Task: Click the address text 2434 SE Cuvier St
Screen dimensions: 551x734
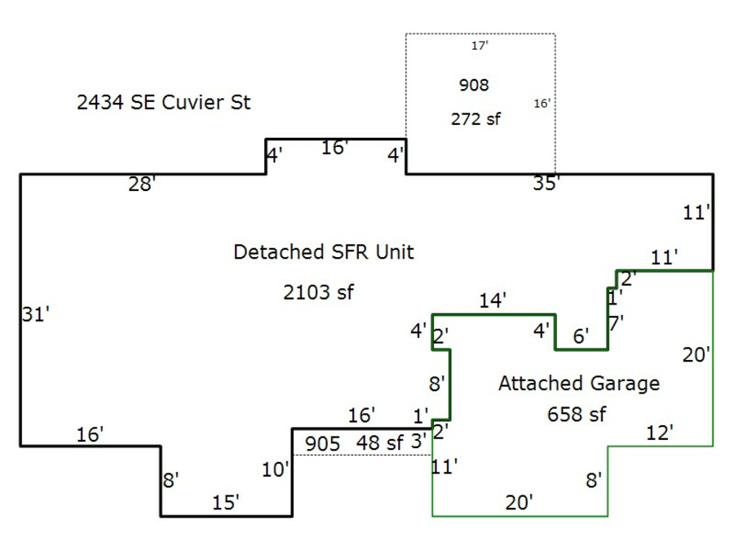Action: click(163, 103)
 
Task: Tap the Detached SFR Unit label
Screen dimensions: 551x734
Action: click(323, 251)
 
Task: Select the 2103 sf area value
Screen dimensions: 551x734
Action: click(318, 292)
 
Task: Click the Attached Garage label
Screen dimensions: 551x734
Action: click(578, 383)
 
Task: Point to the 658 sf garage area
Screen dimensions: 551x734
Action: click(576, 415)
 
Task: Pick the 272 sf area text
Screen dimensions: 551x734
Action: click(475, 119)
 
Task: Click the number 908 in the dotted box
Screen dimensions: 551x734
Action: click(474, 85)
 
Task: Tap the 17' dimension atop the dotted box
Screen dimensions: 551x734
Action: click(480, 47)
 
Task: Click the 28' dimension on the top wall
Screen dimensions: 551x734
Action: click(142, 185)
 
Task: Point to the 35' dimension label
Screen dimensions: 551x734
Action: click(546, 184)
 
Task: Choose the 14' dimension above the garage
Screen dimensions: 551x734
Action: click(493, 300)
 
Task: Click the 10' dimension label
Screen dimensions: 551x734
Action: click(276, 469)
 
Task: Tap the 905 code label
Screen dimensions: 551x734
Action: click(322, 444)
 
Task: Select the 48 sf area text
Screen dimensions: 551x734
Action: click(380, 443)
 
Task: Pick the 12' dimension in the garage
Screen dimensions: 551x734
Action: click(660, 433)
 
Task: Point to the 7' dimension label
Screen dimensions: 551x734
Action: click(616, 322)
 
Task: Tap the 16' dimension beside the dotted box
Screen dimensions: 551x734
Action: click(542, 104)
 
